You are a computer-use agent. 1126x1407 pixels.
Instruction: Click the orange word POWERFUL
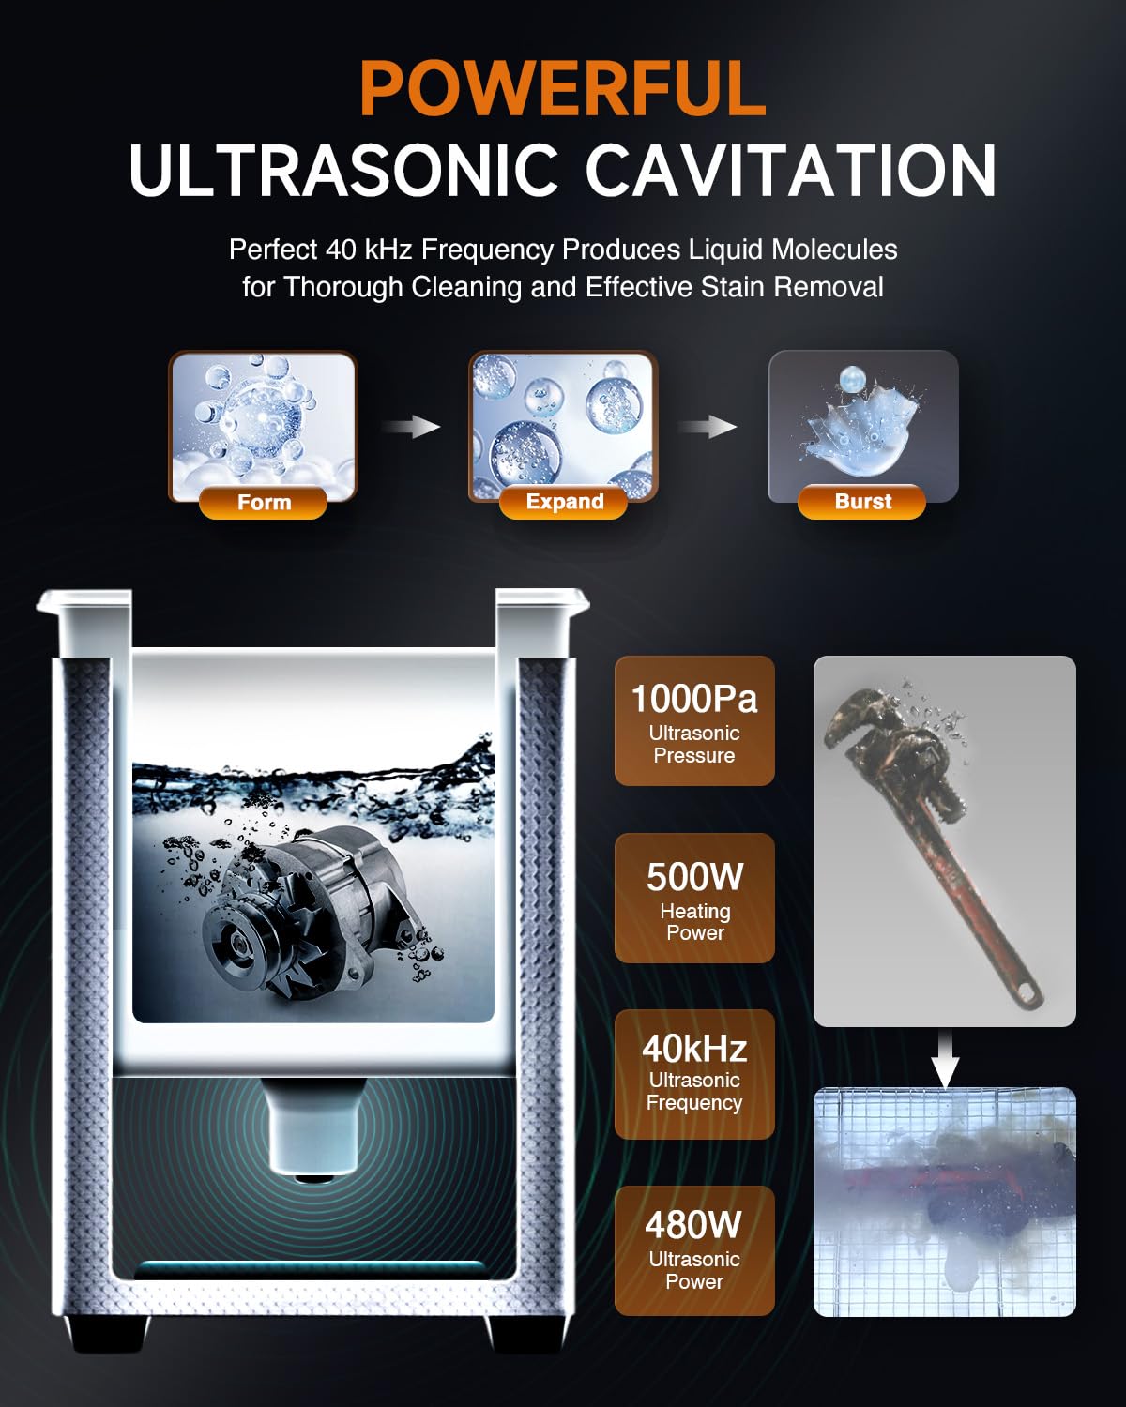point(563,89)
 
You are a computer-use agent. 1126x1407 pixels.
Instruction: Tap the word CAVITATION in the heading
point(790,170)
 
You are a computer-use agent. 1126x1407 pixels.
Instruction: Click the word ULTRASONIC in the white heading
point(344,170)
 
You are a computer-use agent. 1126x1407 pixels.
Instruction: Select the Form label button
point(263,502)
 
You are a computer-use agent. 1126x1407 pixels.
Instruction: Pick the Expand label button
point(564,502)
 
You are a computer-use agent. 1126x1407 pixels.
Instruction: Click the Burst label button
point(862,502)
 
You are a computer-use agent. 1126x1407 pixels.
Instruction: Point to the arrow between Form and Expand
point(412,427)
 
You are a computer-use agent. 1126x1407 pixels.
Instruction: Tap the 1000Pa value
point(694,698)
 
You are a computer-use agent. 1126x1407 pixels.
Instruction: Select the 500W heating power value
point(694,877)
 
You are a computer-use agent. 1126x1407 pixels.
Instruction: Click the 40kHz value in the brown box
point(694,1049)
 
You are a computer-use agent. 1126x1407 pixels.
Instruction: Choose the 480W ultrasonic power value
point(693,1225)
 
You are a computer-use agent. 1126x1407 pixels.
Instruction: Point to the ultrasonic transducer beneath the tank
point(312,1126)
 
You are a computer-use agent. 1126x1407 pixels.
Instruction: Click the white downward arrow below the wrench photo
point(946,1060)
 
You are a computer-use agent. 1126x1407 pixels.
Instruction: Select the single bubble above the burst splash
point(852,379)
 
